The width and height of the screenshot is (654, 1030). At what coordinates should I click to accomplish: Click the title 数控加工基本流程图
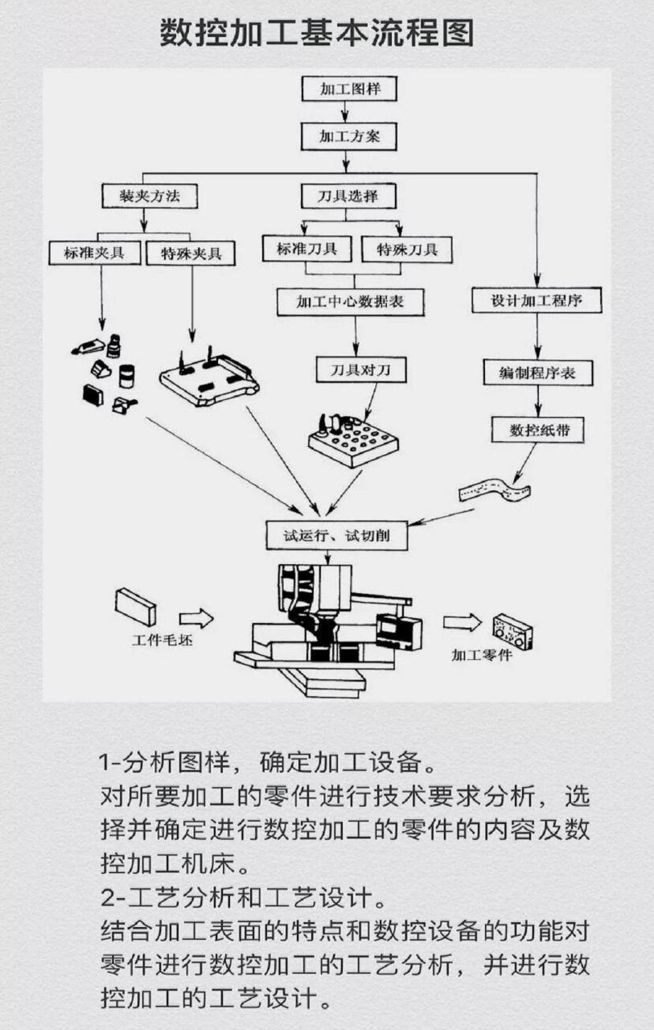pyautogui.click(x=317, y=34)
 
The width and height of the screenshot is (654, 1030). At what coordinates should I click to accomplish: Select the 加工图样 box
pyautogui.click(x=348, y=89)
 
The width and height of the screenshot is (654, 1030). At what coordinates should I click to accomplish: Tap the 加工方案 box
pyautogui.click(x=348, y=137)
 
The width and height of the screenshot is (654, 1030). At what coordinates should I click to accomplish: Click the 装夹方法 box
pyautogui.click(x=149, y=196)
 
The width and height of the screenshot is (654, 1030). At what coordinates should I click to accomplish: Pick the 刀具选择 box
pyautogui.click(x=348, y=196)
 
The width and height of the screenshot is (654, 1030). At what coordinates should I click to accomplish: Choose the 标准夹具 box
pyautogui.click(x=95, y=253)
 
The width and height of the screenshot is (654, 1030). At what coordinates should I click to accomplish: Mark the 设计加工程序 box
pyautogui.click(x=537, y=302)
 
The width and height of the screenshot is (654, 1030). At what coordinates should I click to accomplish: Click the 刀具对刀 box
pyautogui.click(x=361, y=369)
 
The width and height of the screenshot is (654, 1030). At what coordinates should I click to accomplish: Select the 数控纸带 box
pyautogui.click(x=537, y=430)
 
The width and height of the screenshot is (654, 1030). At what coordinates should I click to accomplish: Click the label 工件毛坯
pyautogui.click(x=163, y=641)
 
